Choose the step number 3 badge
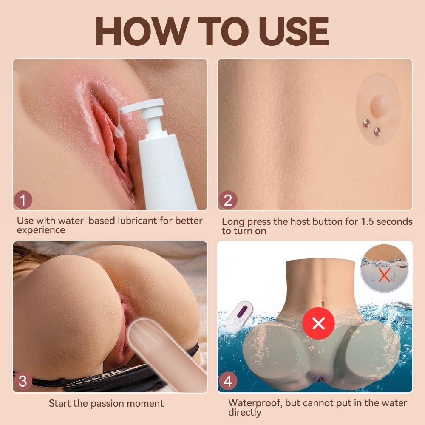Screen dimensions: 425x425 23,381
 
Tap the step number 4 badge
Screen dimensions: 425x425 228,381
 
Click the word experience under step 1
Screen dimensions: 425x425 41,230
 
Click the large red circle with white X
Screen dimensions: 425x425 318,324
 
